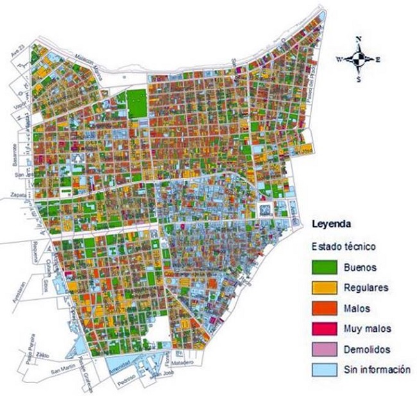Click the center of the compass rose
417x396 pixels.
[x=360, y=59]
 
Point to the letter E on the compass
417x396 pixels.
[x=379, y=59]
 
